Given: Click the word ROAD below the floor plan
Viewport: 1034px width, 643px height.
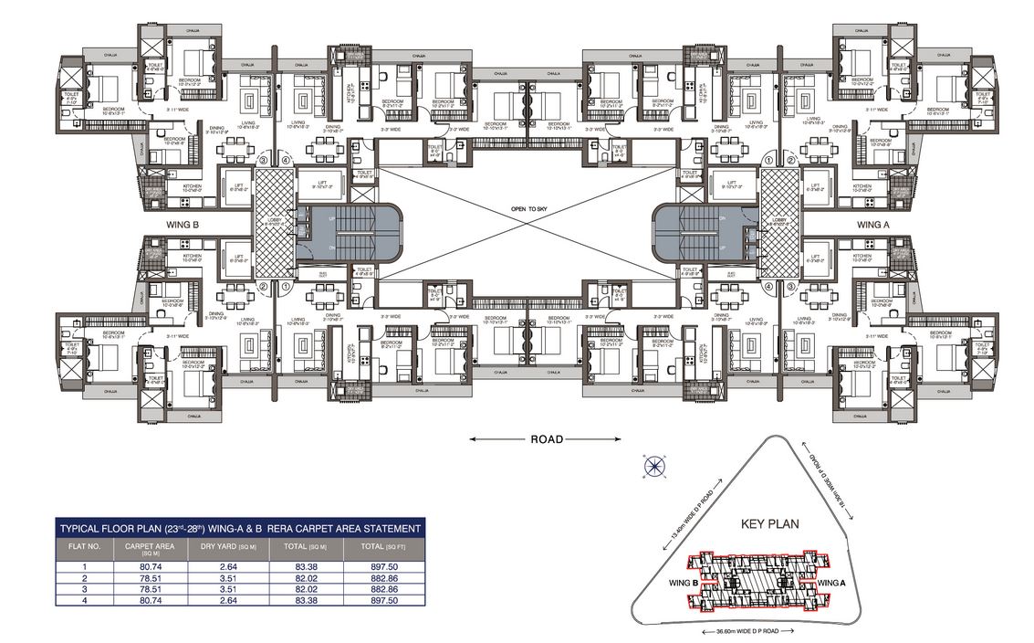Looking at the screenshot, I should click(547, 439).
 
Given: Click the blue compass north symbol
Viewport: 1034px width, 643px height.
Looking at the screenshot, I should click(653, 467).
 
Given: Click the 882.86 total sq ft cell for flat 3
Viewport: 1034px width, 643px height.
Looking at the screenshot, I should click(384, 589).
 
